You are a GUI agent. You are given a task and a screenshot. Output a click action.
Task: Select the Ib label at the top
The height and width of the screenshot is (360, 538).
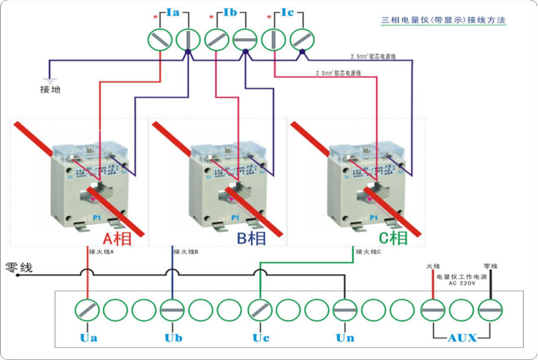pyautogui.click(x=230, y=13)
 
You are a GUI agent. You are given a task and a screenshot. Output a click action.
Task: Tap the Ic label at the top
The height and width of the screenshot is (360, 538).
pyautogui.click(x=288, y=13)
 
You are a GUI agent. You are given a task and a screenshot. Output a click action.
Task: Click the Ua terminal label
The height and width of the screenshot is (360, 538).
pyautogui.click(x=88, y=338)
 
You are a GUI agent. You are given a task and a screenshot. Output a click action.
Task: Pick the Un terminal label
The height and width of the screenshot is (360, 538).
pyautogui.click(x=345, y=338)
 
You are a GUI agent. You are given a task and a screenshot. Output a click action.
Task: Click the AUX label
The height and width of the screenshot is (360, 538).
pyautogui.click(x=462, y=338)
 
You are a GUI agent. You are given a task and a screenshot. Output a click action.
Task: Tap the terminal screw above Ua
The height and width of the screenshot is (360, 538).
pyautogui.click(x=88, y=309)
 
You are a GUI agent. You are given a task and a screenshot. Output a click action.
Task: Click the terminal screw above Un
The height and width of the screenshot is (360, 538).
pyautogui.click(x=345, y=309)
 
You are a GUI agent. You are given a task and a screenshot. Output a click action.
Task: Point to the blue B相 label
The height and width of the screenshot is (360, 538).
pyautogui.click(x=252, y=239)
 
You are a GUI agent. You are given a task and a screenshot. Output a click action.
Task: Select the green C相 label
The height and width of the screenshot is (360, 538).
pyautogui.click(x=393, y=239)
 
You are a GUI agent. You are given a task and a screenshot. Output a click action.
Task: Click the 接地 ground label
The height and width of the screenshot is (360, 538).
pyautogui.click(x=50, y=90)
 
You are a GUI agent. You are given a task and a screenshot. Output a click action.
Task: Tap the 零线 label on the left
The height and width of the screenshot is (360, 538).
pyautogui.click(x=19, y=267)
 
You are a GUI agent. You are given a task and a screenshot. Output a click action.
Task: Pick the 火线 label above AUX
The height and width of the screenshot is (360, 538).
pyautogui.click(x=433, y=266)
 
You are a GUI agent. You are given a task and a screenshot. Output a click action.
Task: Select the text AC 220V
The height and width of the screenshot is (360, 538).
pyautogui.click(x=462, y=284)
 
